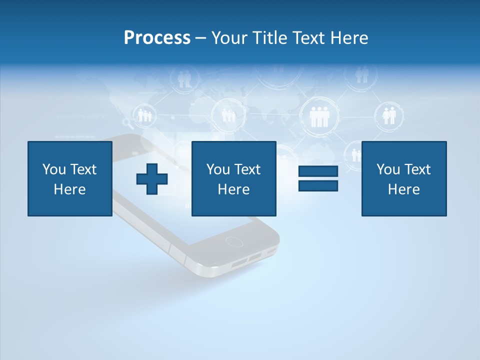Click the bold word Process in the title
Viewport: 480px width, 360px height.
[x=157, y=38]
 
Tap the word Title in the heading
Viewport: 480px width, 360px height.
[x=270, y=38]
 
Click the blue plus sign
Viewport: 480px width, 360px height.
[x=152, y=179]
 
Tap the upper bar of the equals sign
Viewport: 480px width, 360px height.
[x=318, y=171]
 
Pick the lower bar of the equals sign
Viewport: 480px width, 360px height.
[x=318, y=186]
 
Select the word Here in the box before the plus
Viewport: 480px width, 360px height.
[x=69, y=189]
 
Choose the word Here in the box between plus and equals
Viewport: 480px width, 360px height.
[x=233, y=189]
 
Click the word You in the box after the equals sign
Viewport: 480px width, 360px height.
[x=388, y=169]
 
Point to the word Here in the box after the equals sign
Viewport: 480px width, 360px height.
[x=403, y=189]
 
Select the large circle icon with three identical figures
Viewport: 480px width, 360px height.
[x=318, y=116]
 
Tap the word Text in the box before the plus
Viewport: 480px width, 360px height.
[x=83, y=169]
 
